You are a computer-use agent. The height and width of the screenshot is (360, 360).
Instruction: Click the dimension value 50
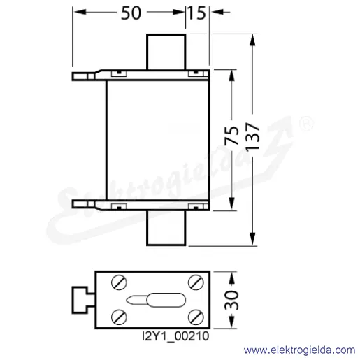(131, 13)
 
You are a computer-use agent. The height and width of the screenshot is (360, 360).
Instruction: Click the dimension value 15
(196, 13)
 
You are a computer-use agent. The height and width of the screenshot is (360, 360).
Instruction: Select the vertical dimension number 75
(232, 136)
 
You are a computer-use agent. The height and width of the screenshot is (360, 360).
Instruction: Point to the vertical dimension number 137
(252, 136)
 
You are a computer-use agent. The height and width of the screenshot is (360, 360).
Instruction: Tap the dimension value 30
(231, 301)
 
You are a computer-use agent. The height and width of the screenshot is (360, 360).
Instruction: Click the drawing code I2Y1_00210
(175, 336)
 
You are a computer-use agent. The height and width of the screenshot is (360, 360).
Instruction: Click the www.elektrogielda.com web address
(299, 350)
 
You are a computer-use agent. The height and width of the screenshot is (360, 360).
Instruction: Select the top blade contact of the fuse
(166, 52)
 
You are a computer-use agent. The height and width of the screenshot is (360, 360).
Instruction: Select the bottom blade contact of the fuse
(166, 228)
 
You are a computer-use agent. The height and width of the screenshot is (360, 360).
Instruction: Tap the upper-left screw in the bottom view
(119, 282)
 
